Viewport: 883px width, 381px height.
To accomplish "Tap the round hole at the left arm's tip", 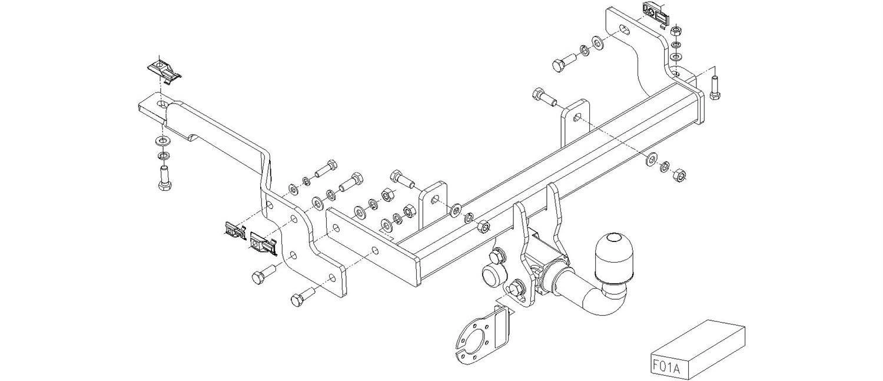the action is click(x=162, y=104).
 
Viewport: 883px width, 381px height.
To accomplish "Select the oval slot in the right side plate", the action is click(x=623, y=29).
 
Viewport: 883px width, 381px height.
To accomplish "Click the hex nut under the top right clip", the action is click(x=676, y=31).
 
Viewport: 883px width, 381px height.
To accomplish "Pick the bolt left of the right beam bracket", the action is click(x=543, y=97).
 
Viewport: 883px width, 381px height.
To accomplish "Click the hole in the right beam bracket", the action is click(x=576, y=117).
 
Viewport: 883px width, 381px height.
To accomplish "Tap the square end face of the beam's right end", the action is click(x=698, y=108).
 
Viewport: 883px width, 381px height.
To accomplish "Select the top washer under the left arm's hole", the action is click(x=162, y=140).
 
